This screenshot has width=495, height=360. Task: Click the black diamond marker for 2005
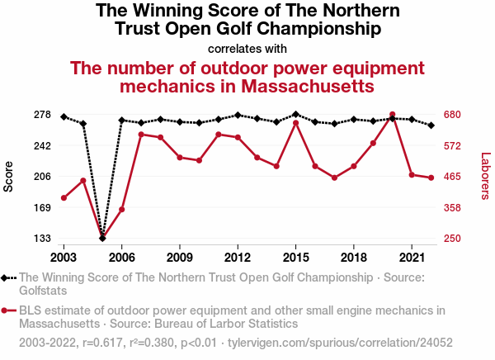coord(102,238)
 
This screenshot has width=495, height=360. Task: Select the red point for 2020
coord(393,115)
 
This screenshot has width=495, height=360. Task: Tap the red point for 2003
coord(64,198)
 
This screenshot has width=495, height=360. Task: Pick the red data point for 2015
coord(296,123)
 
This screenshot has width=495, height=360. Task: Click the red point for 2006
coord(121,210)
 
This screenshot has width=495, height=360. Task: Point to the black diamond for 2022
coord(431,126)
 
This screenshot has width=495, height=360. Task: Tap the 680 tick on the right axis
coord(457,115)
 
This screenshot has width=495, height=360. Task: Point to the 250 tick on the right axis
coord(457,239)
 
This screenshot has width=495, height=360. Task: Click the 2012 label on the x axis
coord(238,248)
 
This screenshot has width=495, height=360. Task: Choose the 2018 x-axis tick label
coord(353,248)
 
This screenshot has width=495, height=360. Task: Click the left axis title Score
coord(9,176)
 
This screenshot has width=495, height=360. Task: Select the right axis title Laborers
coord(485,176)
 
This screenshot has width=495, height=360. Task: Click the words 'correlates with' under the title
coord(247,47)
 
